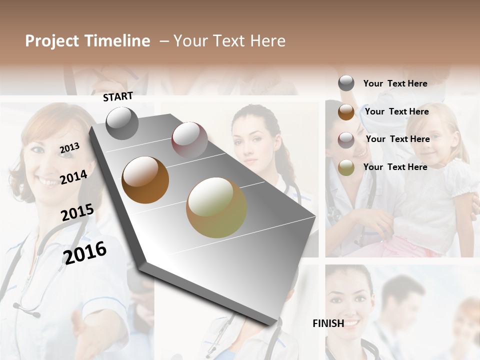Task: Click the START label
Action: tap(118, 96)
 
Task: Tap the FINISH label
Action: tap(328, 323)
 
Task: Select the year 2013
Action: tap(70, 147)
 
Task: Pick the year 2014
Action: tap(74, 177)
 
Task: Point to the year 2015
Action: tap(77, 212)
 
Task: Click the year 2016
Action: tap(85, 252)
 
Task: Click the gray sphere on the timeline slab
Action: tap(122, 123)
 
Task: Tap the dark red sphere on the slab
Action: tap(189, 140)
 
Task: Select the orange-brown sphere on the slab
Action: tap(145, 180)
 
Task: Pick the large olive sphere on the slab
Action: tap(216, 207)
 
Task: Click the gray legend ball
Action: tap(346, 83)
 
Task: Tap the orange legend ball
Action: tap(346, 112)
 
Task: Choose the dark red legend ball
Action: tap(346, 139)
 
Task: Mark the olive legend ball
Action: tap(346, 167)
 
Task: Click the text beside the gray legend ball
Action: tap(395, 83)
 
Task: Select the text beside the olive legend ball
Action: tap(395, 167)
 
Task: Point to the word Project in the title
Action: tap(52, 41)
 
